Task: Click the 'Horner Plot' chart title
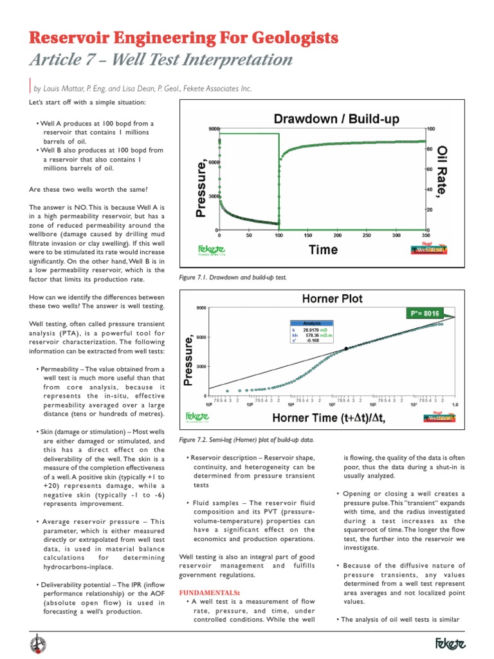click(x=332, y=299)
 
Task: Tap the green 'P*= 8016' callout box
click(x=424, y=313)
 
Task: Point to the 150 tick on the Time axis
click(x=307, y=236)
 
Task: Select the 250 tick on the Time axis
click(x=367, y=236)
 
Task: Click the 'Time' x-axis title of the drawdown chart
click(x=323, y=250)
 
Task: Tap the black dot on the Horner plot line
click(x=346, y=348)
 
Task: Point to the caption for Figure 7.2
click(x=246, y=439)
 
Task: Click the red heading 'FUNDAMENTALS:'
click(x=209, y=591)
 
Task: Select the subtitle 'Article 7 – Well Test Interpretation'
click(x=161, y=60)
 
